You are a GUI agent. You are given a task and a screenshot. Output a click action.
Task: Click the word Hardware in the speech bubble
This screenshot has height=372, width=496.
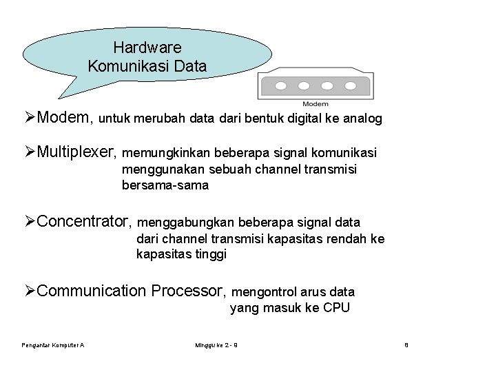coord(147,48)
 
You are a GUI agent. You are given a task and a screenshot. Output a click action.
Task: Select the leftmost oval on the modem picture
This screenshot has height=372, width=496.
coord(282,86)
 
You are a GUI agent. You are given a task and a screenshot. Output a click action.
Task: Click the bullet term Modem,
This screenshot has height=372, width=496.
coord(65,118)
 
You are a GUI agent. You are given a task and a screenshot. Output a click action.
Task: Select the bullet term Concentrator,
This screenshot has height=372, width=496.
coord(87,222)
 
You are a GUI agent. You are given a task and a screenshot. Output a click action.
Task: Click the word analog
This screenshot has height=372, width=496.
coord(363,119)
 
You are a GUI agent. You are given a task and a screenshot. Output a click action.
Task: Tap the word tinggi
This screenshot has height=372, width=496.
coord(209,254)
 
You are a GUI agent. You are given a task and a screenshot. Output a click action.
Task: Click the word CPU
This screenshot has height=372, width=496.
coord(336,308)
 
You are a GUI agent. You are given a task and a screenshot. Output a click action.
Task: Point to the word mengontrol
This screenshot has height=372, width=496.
coord(265,291)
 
